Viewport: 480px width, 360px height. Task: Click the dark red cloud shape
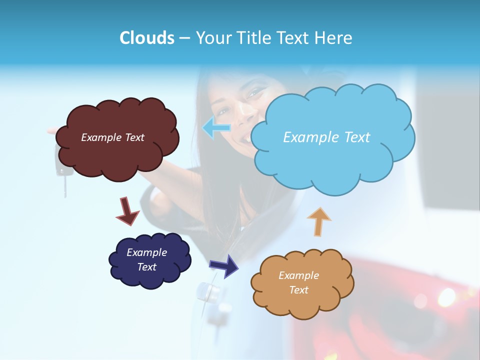(117, 155)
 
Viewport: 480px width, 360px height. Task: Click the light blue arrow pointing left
(216, 128)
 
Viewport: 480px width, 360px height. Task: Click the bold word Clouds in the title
(147, 38)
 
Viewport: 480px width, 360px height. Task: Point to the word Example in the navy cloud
(146, 252)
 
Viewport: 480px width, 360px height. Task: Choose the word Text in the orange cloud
(298, 290)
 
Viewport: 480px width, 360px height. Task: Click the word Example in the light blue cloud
(307, 137)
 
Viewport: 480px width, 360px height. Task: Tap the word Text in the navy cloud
(146, 267)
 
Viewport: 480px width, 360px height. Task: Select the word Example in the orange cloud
(298, 275)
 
